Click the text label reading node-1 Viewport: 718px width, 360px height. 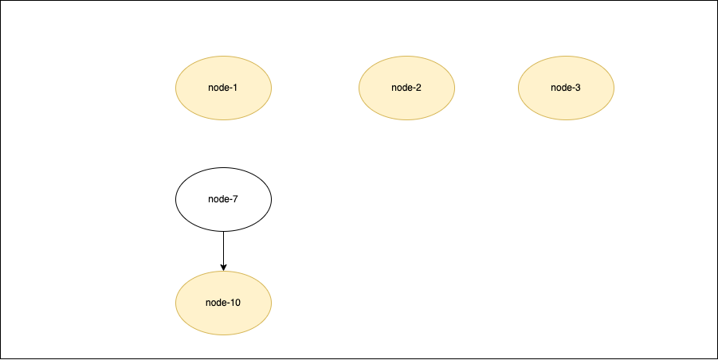[223, 88]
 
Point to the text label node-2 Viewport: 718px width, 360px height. [406, 88]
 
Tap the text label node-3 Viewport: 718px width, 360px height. [566, 88]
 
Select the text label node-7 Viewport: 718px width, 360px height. [223, 199]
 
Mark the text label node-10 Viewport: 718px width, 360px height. [223, 303]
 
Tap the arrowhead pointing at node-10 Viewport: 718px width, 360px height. [223, 267]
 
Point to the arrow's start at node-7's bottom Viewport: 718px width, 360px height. [223, 232]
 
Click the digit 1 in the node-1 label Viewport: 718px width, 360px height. [236, 88]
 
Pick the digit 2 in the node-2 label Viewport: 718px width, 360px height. [418, 88]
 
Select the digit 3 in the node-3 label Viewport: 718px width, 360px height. [578, 88]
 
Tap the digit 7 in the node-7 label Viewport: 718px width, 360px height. [236, 199]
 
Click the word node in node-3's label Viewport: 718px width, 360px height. [561, 88]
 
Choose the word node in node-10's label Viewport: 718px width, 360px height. [216, 303]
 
